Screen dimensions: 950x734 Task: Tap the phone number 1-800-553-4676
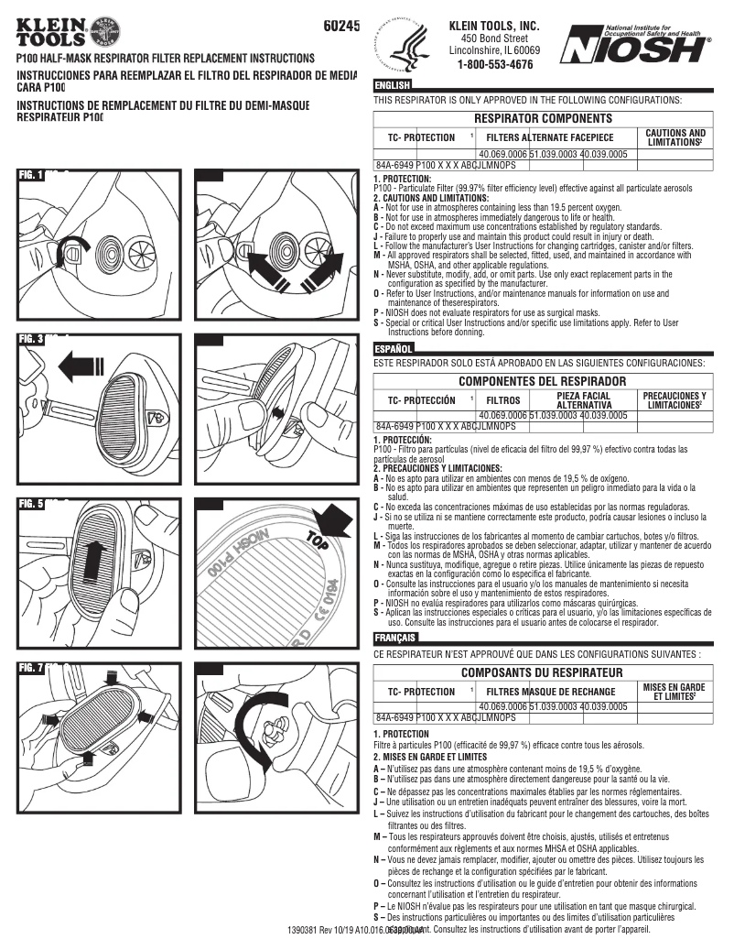coord(494,65)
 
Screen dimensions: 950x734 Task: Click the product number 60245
coord(342,27)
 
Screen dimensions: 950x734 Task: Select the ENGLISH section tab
coord(393,85)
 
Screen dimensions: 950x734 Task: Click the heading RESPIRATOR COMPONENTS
coord(543,119)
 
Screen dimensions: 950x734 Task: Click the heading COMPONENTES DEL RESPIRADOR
coord(543,380)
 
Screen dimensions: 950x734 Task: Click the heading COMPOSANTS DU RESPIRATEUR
coord(543,672)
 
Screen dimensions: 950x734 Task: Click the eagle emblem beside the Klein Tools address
coord(411,46)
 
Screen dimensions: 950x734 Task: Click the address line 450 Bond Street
coord(494,38)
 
